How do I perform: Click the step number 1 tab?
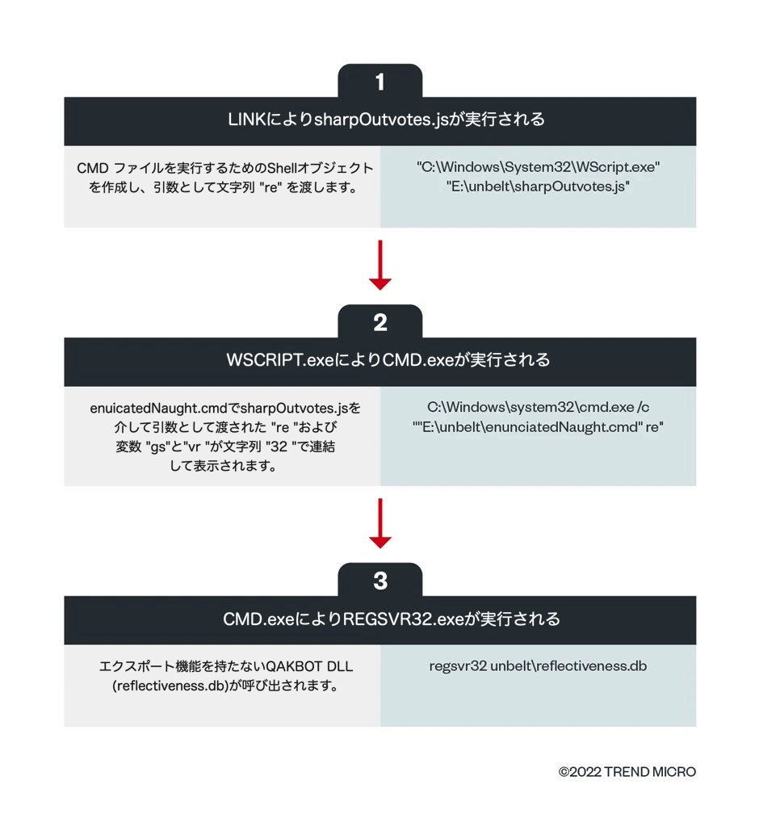(380, 81)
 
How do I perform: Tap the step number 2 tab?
(380, 322)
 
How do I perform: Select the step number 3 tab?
(380, 580)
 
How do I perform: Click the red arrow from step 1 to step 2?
(380, 265)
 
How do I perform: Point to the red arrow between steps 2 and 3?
(380, 523)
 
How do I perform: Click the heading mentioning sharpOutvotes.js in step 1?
(386, 120)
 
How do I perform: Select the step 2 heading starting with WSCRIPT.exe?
(388, 360)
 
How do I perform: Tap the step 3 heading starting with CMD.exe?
(392, 619)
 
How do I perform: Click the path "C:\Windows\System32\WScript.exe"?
(538, 166)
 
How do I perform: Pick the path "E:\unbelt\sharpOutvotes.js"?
(538, 187)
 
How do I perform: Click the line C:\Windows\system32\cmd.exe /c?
(538, 407)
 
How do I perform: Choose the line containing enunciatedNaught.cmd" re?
(538, 426)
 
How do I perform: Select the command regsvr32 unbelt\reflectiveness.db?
(538, 666)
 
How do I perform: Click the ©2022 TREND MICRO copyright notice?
(627, 772)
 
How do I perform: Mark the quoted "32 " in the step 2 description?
(282, 447)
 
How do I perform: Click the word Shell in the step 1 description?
(282, 168)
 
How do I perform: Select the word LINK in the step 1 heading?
(248, 120)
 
